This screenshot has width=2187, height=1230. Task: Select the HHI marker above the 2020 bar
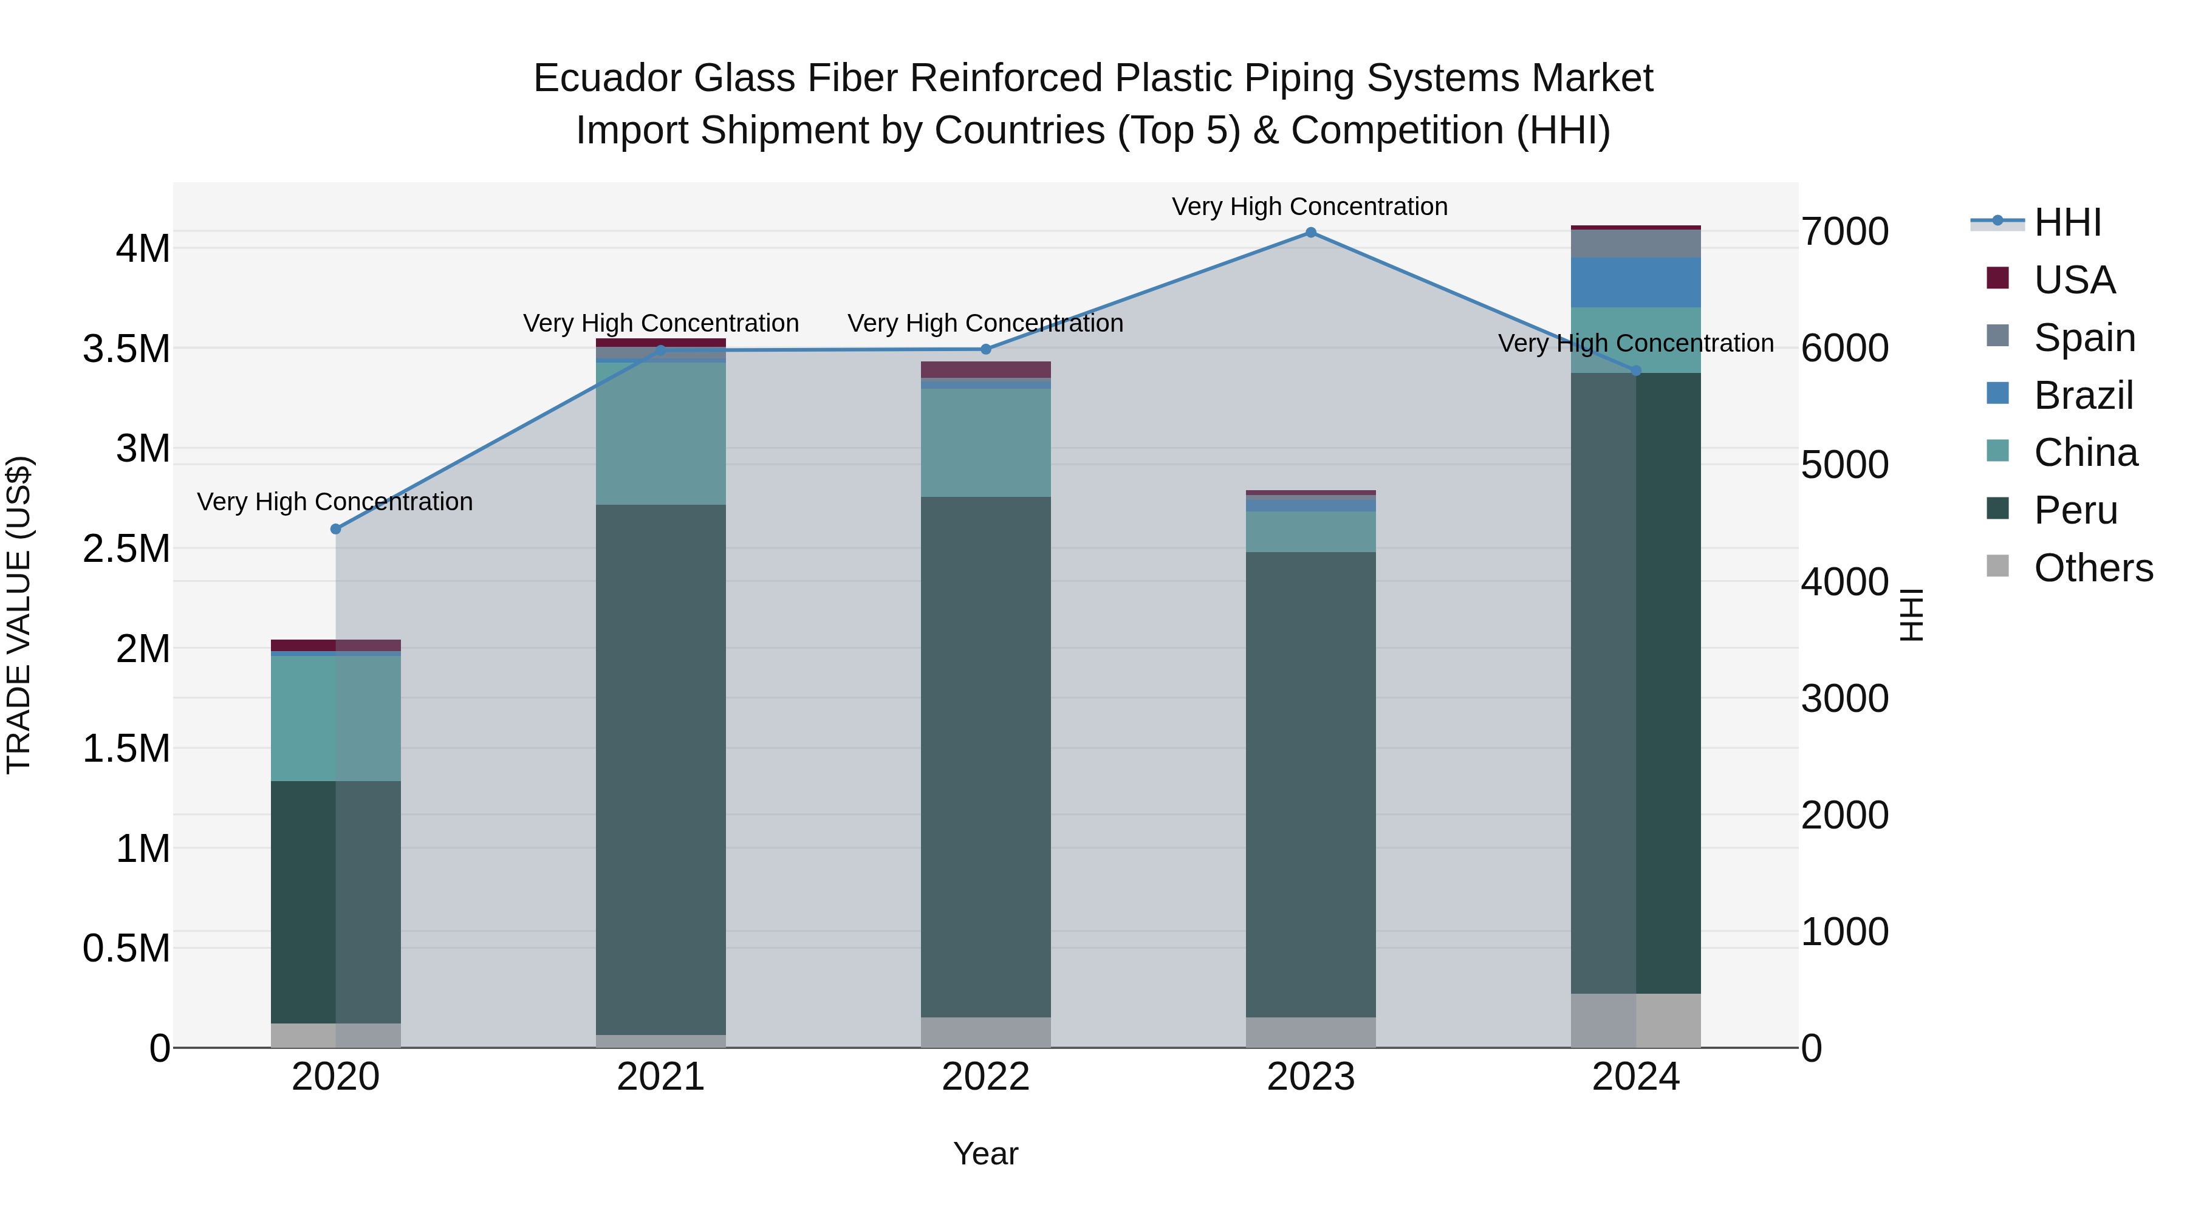(335, 529)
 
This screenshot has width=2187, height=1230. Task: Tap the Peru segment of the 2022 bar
(986, 756)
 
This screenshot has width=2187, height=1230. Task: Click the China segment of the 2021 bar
(660, 433)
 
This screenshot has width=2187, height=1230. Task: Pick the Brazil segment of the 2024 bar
(1635, 282)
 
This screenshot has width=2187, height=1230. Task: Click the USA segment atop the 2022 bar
(986, 369)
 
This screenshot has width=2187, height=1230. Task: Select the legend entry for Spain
(2084, 338)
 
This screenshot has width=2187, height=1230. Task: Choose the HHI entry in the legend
(2067, 222)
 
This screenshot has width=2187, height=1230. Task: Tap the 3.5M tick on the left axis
(126, 349)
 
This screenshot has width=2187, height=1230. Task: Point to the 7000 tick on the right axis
(1844, 232)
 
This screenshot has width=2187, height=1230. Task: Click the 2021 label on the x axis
(660, 1077)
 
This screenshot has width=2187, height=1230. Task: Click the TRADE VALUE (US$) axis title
(19, 615)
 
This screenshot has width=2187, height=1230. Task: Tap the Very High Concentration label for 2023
(1309, 207)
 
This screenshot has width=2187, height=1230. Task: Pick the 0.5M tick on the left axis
(126, 948)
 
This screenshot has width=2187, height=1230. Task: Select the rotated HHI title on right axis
(1910, 615)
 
